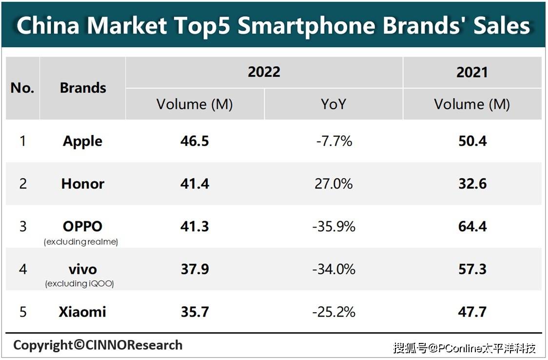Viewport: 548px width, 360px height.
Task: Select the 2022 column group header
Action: [264, 72]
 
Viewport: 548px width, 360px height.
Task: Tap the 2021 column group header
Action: [472, 72]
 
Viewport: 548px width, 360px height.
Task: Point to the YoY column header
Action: [333, 104]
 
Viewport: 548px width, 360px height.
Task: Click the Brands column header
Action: [83, 88]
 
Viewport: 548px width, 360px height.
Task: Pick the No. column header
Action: [22, 88]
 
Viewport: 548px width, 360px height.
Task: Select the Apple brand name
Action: [82, 141]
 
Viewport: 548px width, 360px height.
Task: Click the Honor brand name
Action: [83, 184]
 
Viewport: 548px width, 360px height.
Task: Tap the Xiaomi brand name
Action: [82, 312]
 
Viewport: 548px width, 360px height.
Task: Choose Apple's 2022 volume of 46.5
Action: [195, 141]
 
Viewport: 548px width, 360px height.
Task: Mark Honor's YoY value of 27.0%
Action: [333, 184]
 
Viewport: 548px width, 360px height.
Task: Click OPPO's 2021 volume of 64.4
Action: [472, 227]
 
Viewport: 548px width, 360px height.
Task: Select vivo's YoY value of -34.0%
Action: [333, 269]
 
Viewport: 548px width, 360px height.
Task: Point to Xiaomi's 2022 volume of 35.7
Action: [195, 312]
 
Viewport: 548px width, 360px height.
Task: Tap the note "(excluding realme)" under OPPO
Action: [81, 242]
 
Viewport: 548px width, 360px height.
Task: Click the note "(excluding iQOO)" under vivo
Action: [79, 284]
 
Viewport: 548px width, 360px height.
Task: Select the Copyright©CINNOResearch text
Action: [98, 345]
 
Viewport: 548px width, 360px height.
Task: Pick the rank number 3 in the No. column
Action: [22, 227]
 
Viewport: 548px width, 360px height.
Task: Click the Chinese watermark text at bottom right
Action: [465, 348]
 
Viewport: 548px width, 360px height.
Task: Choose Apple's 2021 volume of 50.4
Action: [472, 141]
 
